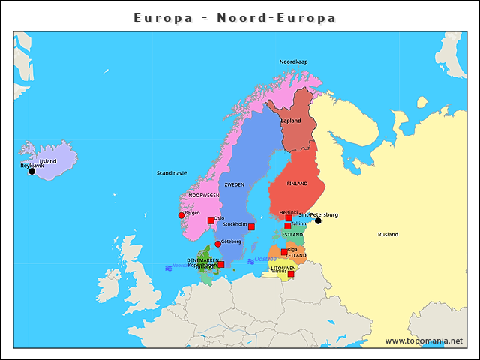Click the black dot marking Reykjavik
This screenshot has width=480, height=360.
[x=31, y=172]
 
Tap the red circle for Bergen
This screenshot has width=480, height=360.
[x=181, y=215]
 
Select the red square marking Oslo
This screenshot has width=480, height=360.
[x=211, y=221]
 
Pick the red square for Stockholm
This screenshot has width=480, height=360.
[x=251, y=226]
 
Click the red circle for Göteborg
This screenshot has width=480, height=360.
[x=217, y=244]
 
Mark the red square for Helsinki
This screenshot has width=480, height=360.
[x=289, y=217]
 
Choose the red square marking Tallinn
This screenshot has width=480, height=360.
[x=287, y=226]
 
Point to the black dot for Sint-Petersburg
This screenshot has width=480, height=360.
[x=318, y=220]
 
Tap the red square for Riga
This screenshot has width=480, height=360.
[x=283, y=252]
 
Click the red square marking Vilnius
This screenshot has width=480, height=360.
[x=291, y=274]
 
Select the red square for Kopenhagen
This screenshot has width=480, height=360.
[x=220, y=264]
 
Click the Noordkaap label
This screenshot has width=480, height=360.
[x=293, y=61]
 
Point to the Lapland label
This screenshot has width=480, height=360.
[x=291, y=121]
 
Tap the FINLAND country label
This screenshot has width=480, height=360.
[x=297, y=183]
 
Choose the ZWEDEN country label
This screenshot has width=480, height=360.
[x=234, y=184]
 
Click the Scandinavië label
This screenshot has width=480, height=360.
[x=171, y=172]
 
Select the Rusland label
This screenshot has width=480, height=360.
[x=388, y=234]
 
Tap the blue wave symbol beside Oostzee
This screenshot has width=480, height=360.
[x=250, y=260]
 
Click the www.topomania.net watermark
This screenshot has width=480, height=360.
[x=424, y=340]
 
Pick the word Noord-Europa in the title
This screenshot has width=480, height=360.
[x=276, y=17]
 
